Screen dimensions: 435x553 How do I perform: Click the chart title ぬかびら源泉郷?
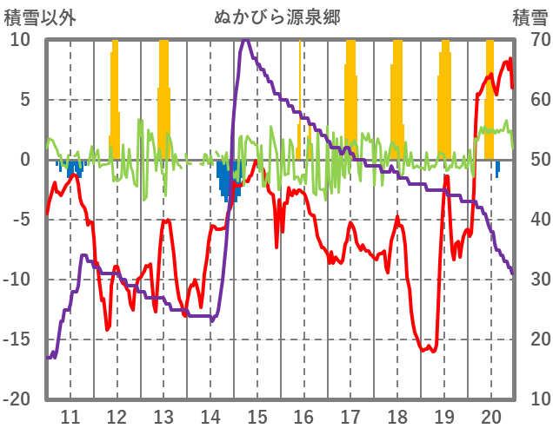coord(276,16)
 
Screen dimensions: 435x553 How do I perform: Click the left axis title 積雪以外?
coord(36,16)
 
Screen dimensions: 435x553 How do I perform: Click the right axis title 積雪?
coord(530,16)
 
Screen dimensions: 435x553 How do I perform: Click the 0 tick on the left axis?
coord(25,161)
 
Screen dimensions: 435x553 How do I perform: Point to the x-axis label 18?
coord(397,415)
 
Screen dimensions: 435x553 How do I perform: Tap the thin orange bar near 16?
coord(300,96)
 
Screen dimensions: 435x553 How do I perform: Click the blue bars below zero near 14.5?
coord(230,180)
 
